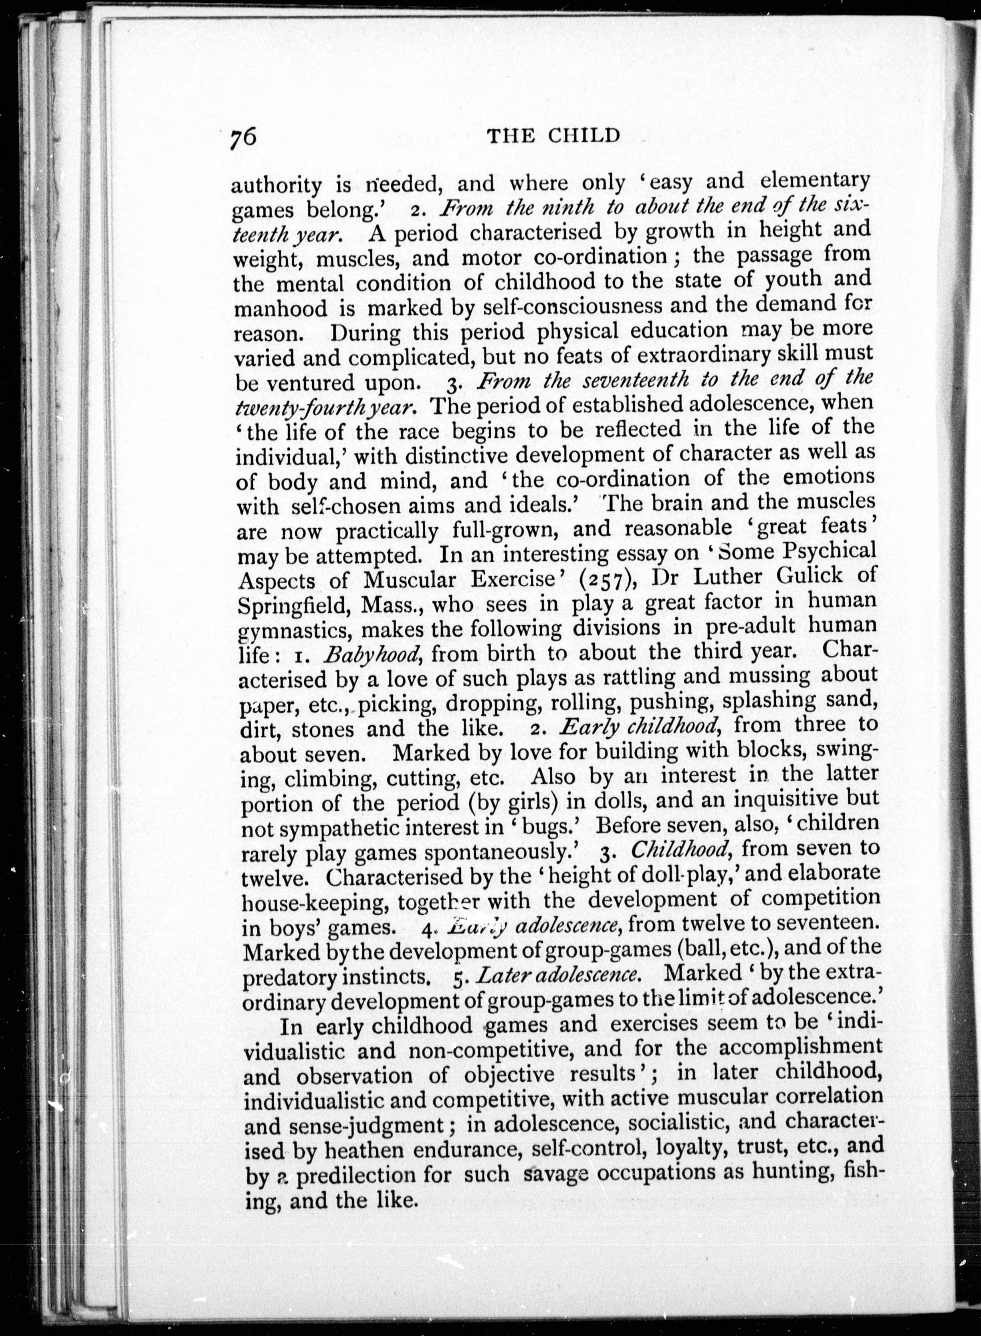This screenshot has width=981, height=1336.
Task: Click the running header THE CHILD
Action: click(x=553, y=137)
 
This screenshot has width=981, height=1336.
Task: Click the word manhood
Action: click(x=280, y=309)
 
